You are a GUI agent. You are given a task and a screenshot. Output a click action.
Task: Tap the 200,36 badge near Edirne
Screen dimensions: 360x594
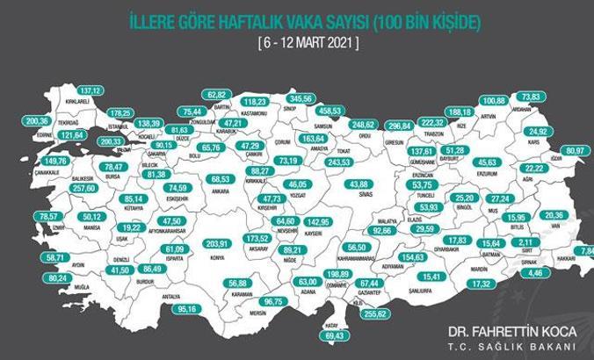coord(37,121)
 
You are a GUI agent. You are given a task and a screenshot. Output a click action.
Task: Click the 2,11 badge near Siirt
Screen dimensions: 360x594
coord(525,242)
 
